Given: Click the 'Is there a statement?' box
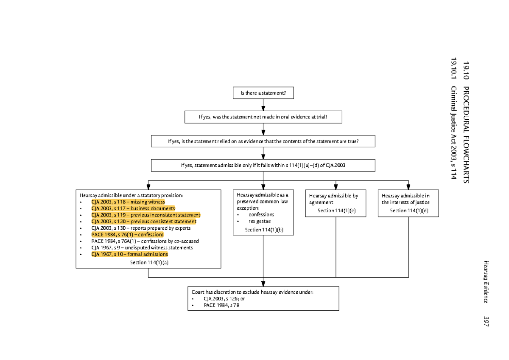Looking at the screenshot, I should pyautogui.click(x=263, y=93).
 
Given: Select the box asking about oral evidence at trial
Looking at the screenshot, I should pyautogui.click(x=263, y=117).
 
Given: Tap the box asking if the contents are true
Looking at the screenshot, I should pyautogui.click(x=263, y=141).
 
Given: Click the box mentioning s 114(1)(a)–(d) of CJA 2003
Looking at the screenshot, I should pyautogui.click(x=263, y=166).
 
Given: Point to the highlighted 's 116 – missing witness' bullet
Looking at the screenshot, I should pyautogui.click(x=128, y=202).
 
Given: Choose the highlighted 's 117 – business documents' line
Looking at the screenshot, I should pyautogui.click(x=133, y=208).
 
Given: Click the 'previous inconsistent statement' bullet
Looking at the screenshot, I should pyautogui.click(x=145, y=215).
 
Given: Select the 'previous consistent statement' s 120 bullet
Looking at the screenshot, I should pyautogui.click(x=144, y=222).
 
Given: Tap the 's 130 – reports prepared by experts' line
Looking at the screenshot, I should pyautogui.click(x=141, y=228).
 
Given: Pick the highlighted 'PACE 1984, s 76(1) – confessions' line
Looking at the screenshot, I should pyautogui.click(x=127, y=234).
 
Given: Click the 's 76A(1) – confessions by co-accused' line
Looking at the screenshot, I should pyautogui.click(x=145, y=241).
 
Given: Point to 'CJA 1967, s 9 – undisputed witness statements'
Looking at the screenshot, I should pyautogui.click(x=142, y=247).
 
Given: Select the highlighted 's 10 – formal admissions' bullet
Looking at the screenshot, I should pyautogui.click(x=129, y=254).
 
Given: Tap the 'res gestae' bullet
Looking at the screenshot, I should pyautogui.click(x=260, y=221).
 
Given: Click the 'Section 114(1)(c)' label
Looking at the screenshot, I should pyautogui.click(x=336, y=211).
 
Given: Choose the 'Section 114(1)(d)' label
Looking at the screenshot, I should pyautogui.click(x=409, y=211).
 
